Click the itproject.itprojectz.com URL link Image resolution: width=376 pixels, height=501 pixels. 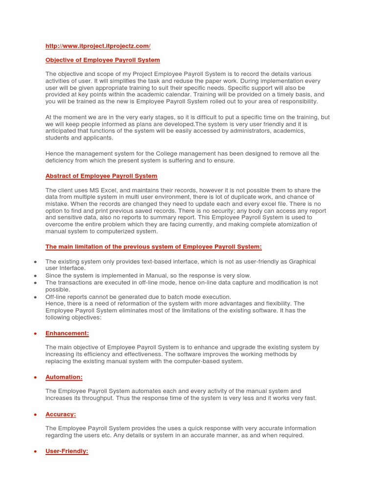coord(98,46)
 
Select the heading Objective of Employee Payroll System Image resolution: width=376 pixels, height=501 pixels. coord(102,60)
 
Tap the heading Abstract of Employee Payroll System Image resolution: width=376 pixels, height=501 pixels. coord(101,176)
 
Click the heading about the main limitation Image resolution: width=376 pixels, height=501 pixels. coord(153,247)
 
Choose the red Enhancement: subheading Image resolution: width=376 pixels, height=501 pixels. coord(67,333)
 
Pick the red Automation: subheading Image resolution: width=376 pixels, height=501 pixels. coord(64,377)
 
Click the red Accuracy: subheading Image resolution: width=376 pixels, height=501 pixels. coord(61,414)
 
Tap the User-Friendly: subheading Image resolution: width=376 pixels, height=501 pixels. coord(67,451)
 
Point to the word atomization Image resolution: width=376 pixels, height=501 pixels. coord(269,225)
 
